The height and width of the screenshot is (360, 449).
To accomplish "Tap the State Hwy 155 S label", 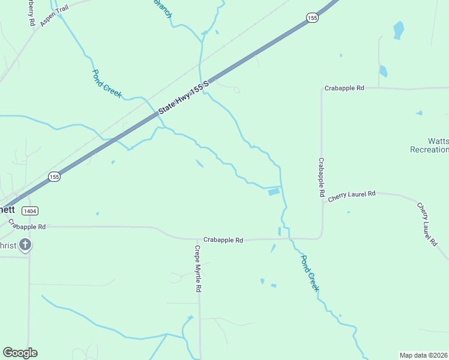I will (x=183, y=97).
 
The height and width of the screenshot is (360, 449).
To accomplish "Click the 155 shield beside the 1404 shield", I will (x=54, y=176).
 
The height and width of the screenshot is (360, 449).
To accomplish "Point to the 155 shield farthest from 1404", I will (x=311, y=19).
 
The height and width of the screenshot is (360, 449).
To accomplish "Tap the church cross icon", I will (x=25, y=244).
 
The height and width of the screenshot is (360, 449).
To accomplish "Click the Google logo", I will (x=20, y=353).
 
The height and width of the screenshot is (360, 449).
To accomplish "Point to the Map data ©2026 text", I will (x=423, y=355).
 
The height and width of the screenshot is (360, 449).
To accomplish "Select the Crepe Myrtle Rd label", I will (x=197, y=268).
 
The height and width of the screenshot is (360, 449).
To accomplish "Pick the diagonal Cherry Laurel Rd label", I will (x=427, y=224).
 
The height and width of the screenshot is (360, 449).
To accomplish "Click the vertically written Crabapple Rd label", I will (x=321, y=178).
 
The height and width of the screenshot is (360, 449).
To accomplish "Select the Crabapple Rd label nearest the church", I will (x=28, y=227).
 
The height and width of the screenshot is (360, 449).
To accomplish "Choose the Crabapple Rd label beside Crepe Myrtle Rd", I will (x=223, y=240).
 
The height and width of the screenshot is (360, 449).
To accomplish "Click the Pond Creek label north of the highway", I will (x=107, y=83).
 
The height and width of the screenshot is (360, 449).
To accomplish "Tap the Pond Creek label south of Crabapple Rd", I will (x=310, y=272).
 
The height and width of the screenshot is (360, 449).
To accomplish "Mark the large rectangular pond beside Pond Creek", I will (x=273, y=192).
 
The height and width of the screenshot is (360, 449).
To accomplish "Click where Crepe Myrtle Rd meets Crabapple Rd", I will (x=199, y=239).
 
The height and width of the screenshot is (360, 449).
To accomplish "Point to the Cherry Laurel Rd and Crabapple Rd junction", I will (x=322, y=202).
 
